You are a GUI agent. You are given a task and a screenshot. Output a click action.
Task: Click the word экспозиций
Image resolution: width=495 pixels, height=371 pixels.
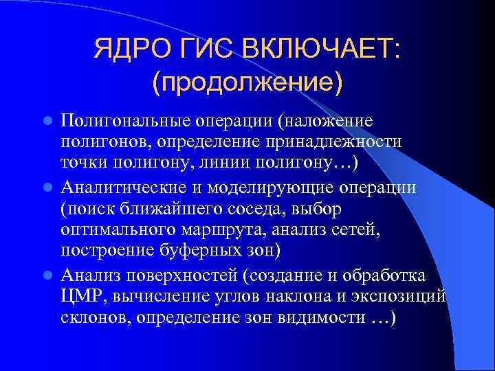tap(401, 297)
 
